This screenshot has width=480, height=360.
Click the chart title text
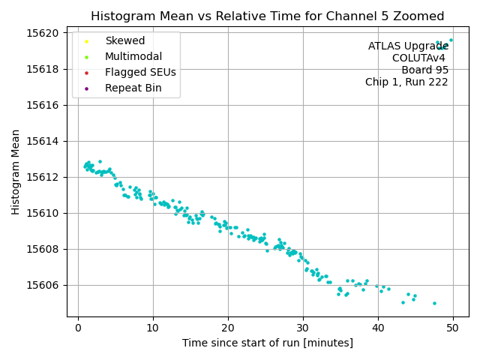pyautogui.click(x=267, y=16)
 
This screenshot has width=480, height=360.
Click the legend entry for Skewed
pyautogui.click(x=124, y=41)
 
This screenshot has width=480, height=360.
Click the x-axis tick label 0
pyautogui.click(x=78, y=328)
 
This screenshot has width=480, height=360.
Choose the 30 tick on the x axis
pyautogui.click(x=303, y=328)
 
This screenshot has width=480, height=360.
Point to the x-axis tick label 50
pyautogui.click(x=453, y=328)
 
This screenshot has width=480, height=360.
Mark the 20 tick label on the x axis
pyautogui.click(x=228, y=328)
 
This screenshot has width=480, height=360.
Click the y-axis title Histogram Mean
pyautogui.click(x=16, y=172)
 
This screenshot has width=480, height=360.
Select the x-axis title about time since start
pyautogui.click(x=267, y=343)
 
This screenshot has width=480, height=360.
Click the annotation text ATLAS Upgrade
pyautogui.click(x=408, y=46)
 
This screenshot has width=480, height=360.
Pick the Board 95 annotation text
pyautogui.click(x=424, y=70)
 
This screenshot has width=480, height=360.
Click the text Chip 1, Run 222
pyautogui.click(x=406, y=82)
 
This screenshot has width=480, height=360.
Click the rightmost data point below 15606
pyautogui.click(x=434, y=303)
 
